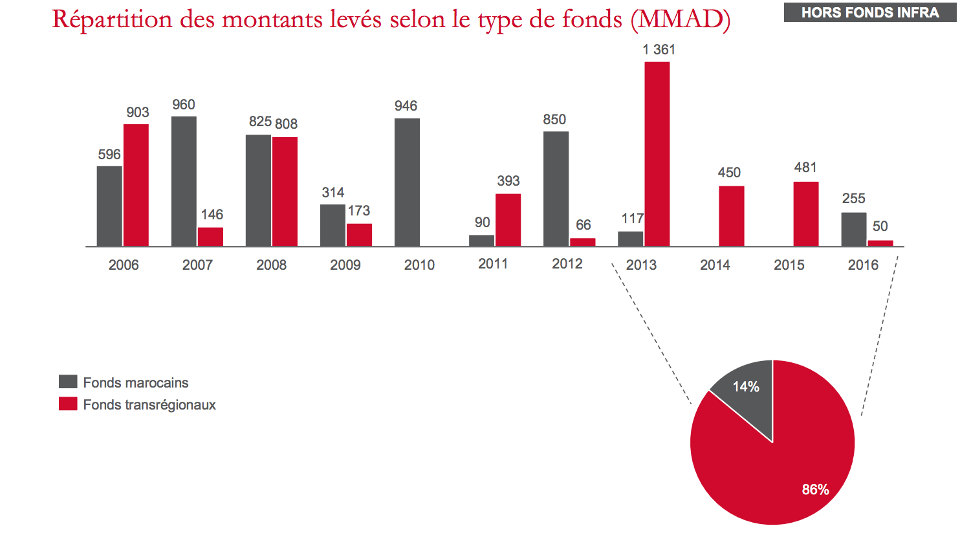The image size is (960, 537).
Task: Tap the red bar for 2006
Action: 136,185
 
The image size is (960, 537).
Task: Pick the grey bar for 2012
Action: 556,189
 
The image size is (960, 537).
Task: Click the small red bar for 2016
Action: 880,243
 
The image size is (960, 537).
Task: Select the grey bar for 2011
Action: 481,240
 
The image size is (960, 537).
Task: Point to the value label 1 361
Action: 659,50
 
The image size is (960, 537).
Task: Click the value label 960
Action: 184,105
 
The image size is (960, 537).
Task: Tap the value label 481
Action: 805,168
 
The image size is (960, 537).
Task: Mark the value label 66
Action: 583,225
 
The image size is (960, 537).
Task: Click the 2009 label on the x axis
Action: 345,265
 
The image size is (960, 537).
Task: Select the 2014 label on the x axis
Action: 715,265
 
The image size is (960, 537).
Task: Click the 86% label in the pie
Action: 815,490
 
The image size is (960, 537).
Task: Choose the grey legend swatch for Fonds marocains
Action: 68,382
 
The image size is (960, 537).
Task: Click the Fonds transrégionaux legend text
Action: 149,405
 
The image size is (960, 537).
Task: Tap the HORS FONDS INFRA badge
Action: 869,12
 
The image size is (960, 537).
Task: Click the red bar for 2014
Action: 731,216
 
